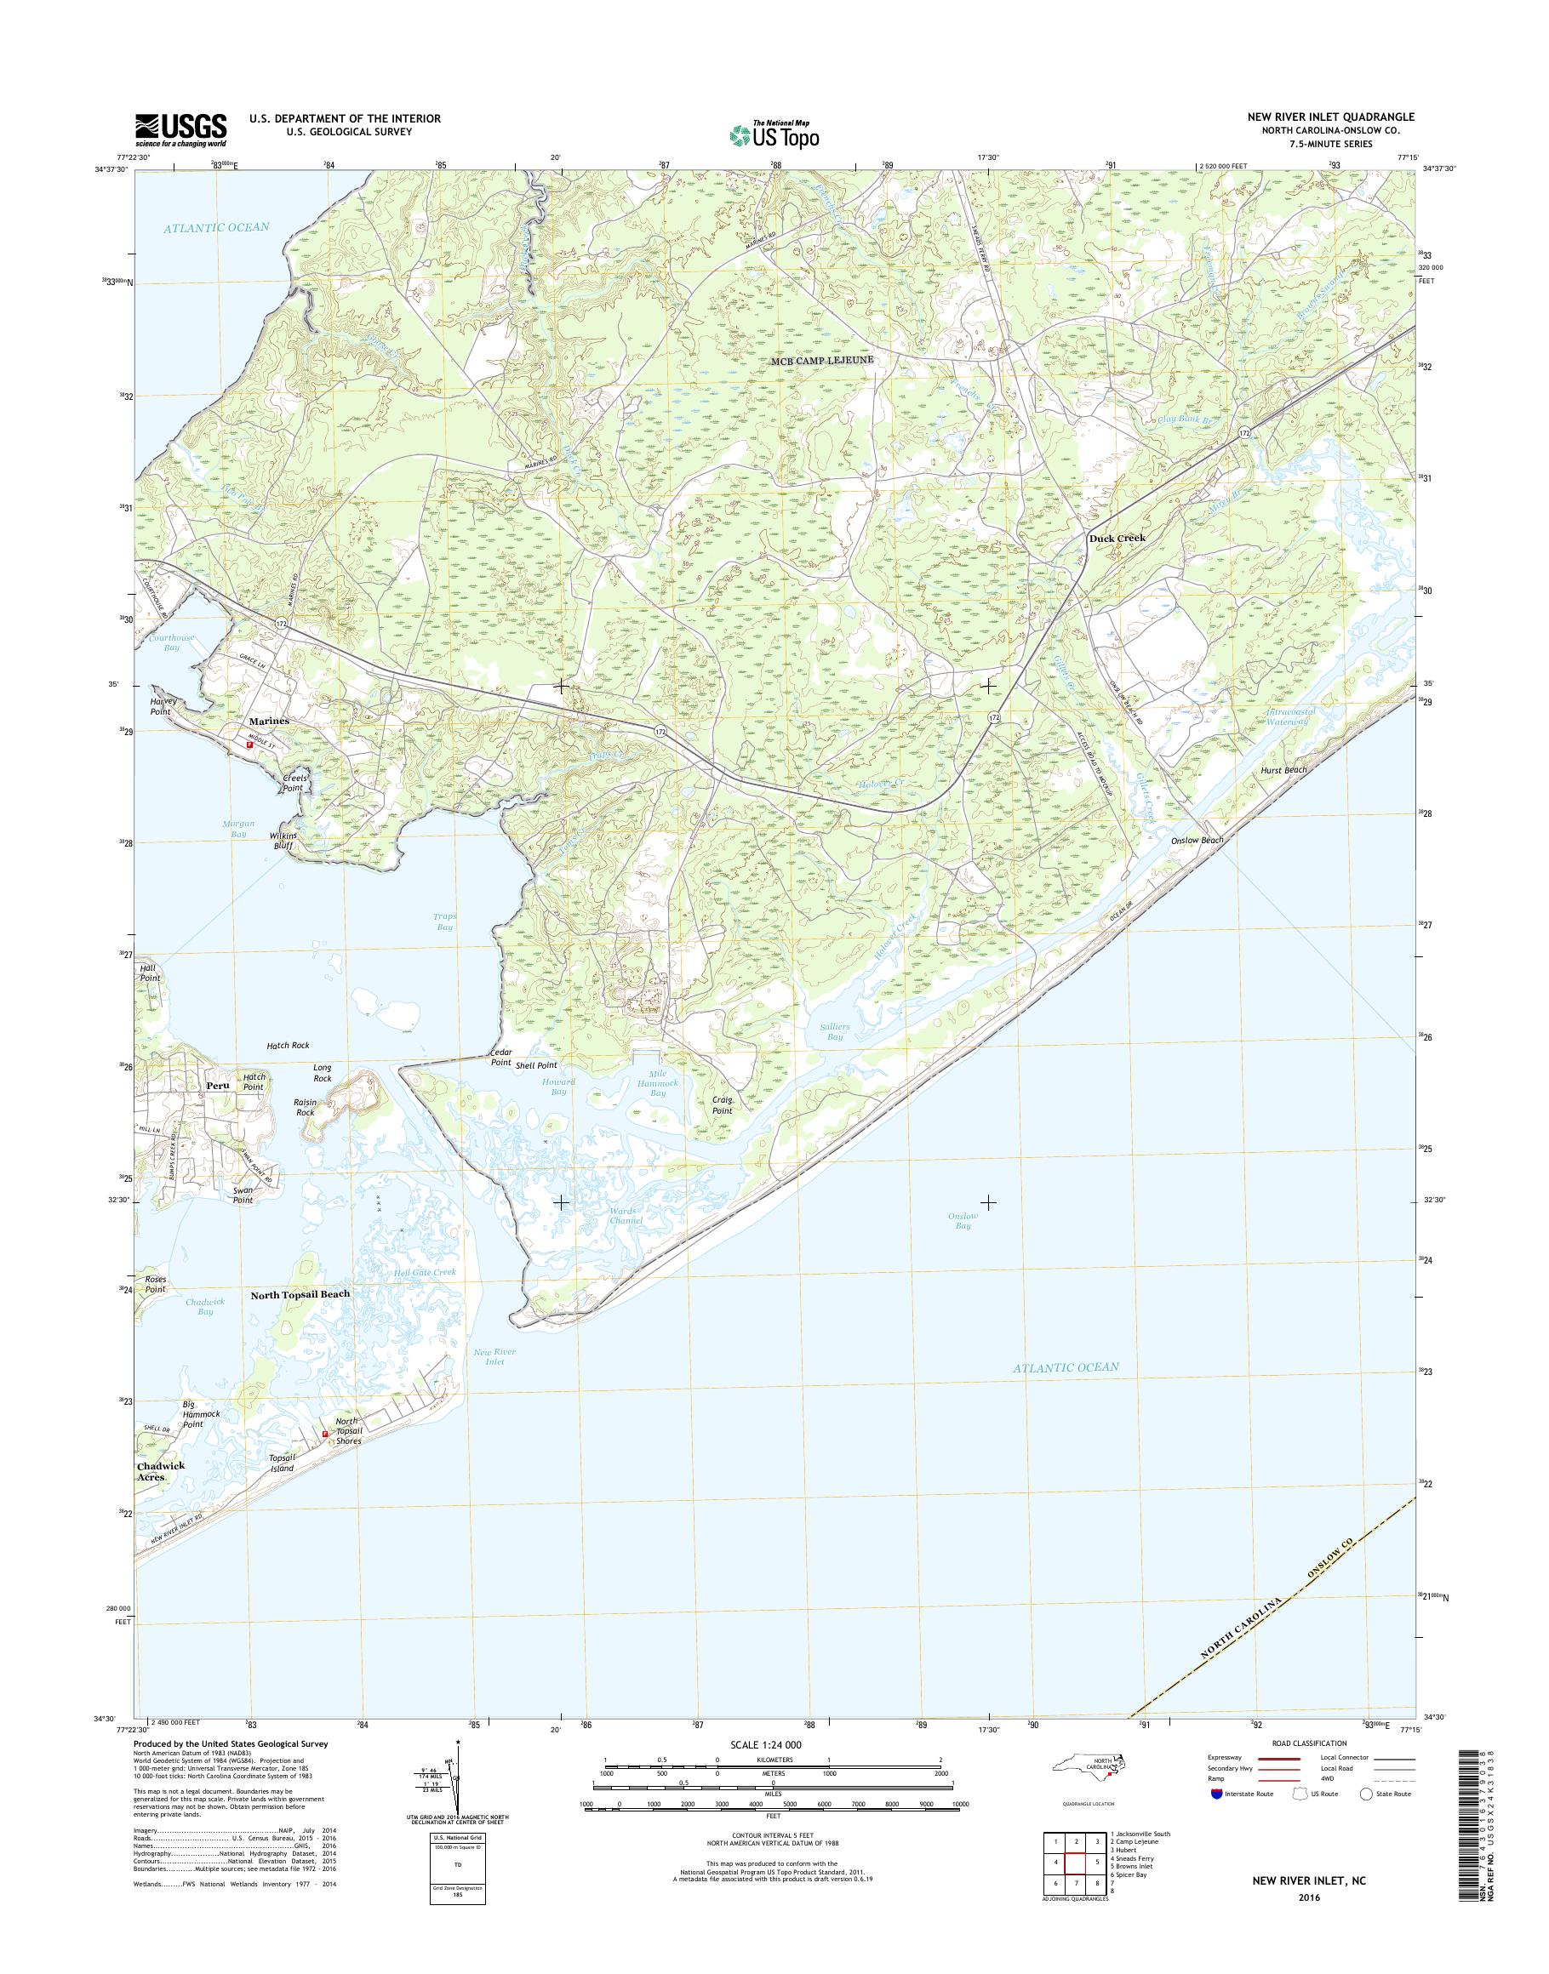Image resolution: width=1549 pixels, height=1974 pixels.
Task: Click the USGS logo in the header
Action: (180, 129)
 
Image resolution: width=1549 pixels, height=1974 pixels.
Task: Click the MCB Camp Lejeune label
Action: (821, 360)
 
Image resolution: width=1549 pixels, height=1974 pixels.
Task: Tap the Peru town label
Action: (218, 1085)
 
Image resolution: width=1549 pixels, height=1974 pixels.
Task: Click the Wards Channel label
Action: (626, 1215)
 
